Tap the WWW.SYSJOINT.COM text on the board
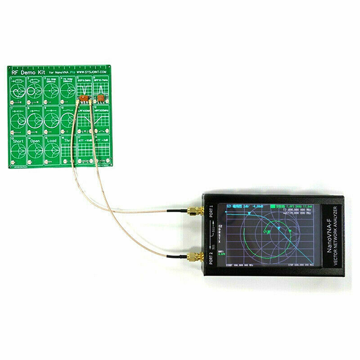click(91, 72)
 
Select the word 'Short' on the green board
click(17, 140)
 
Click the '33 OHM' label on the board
click(51, 79)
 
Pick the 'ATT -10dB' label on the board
click(85, 140)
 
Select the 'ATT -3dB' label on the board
click(101, 140)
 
